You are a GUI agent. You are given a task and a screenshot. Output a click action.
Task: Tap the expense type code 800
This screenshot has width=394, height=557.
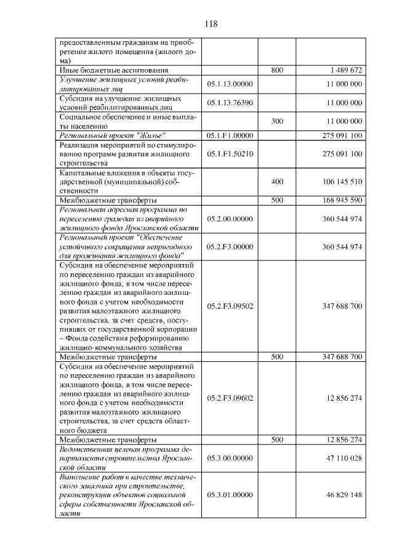[x=277, y=71]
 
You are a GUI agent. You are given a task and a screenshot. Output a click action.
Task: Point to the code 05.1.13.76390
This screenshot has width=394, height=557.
[x=230, y=103]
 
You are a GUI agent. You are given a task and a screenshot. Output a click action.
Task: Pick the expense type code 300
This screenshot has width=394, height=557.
[x=277, y=121]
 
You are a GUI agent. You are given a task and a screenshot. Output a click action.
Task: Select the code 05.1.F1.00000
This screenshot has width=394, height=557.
[x=230, y=135]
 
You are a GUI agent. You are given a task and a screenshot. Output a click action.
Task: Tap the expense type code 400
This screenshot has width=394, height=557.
[x=277, y=182]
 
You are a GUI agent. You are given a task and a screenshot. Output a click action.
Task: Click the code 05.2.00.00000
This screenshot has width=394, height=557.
[x=230, y=218]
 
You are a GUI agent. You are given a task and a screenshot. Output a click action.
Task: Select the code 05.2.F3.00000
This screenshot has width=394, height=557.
[x=230, y=247]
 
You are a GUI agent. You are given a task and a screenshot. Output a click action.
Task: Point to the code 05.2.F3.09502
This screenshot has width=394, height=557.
[x=230, y=305]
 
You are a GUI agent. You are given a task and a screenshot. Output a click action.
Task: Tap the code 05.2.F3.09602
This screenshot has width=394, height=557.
[x=230, y=398]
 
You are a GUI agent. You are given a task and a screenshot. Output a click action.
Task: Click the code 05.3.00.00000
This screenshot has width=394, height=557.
[x=230, y=458]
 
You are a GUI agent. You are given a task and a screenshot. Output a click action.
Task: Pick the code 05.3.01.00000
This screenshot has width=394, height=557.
[x=230, y=494]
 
